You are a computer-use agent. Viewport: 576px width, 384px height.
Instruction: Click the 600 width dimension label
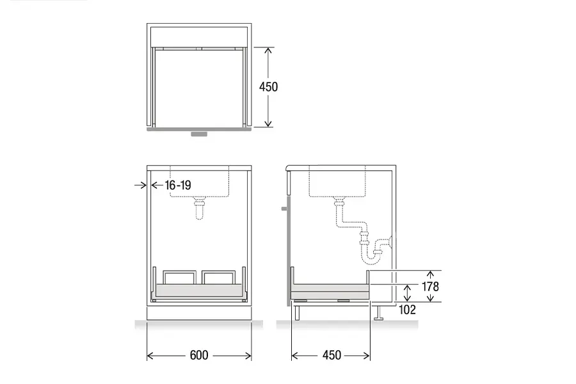(199, 355)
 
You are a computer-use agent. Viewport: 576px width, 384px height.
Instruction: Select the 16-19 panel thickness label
(178, 185)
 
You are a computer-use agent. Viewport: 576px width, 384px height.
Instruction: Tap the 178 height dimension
(430, 286)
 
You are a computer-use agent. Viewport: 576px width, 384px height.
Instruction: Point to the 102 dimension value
(408, 310)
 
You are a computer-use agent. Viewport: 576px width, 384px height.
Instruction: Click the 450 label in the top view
(269, 87)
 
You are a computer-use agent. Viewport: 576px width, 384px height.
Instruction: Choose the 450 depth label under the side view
(332, 355)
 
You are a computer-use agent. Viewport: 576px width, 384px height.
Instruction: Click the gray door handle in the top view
(199, 134)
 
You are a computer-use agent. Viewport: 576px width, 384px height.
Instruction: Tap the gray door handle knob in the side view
(285, 209)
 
